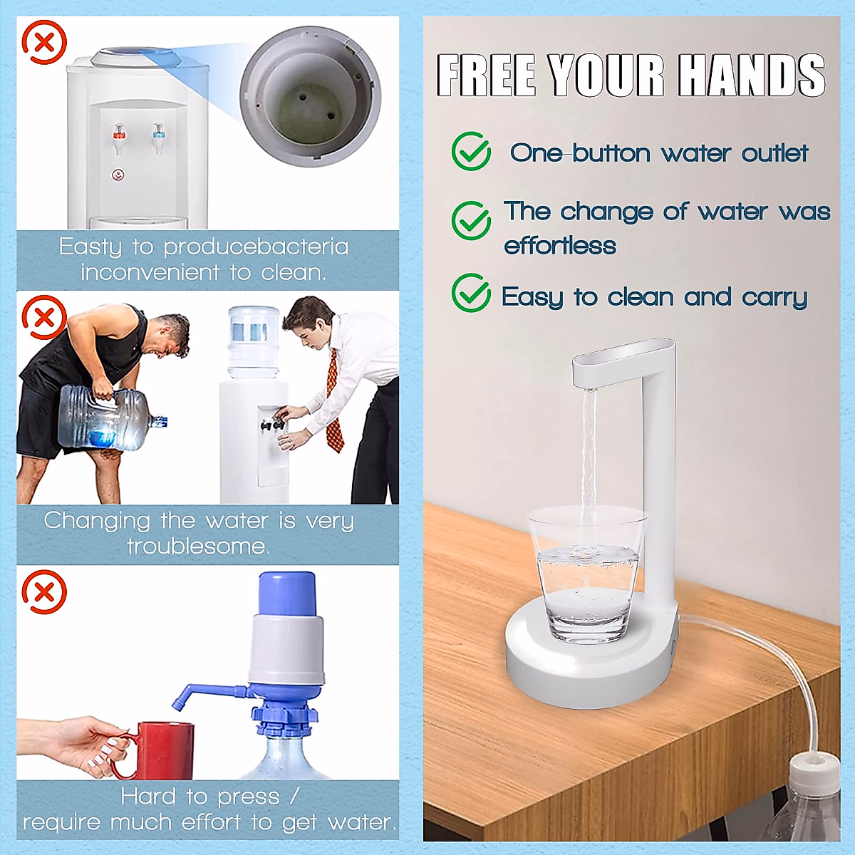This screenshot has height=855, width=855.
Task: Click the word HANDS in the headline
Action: click(751, 75)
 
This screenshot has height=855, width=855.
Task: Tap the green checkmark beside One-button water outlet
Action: click(471, 151)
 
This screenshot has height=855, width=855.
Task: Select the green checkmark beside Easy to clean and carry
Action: click(471, 293)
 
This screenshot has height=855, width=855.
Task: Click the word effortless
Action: click(560, 246)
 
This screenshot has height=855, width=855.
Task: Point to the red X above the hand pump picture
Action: click(44, 591)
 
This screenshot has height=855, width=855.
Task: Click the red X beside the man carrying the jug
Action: click(44, 317)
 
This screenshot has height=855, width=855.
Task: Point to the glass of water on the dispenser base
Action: click(586, 574)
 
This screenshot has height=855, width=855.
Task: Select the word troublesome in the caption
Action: click(197, 546)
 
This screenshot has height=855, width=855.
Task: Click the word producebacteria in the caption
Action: click(256, 247)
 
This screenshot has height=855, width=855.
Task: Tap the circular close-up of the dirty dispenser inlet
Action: click(310, 96)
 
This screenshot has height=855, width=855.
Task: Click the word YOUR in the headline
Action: click(606, 75)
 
